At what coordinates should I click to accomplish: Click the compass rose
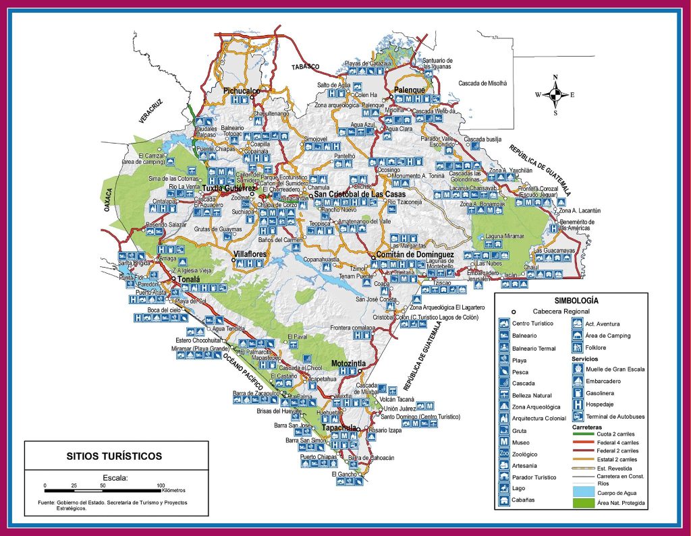pyautogui.click(x=555, y=95)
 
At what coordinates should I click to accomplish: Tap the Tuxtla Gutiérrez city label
pyautogui.click(x=230, y=188)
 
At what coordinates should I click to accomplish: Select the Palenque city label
pyautogui.click(x=409, y=90)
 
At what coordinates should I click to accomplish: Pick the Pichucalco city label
pyautogui.click(x=242, y=90)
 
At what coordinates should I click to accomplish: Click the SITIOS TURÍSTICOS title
pyautogui.click(x=114, y=456)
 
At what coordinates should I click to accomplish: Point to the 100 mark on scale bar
pyautogui.click(x=161, y=485)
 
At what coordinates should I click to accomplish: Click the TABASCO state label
pyautogui.click(x=304, y=67)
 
